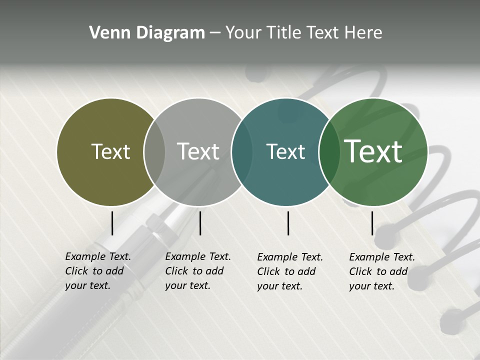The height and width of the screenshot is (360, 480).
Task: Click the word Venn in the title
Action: (106, 33)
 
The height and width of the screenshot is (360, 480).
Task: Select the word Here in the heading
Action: (364, 33)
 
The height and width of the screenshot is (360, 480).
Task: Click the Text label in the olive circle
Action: (110, 151)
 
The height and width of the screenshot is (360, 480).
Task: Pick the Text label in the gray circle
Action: (198, 151)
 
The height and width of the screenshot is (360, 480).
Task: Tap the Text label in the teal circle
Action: (285, 151)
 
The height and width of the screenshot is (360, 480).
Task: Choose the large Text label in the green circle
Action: (373, 151)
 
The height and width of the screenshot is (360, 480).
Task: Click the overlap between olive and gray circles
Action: (154, 151)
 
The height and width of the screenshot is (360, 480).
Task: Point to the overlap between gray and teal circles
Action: (241, 151)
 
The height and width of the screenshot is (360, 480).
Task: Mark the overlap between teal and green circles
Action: (328, 151)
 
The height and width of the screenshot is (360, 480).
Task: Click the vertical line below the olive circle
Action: (112, 223)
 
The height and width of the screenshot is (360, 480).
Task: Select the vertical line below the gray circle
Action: (200, 223)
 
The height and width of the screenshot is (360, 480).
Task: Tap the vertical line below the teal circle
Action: (288, 223)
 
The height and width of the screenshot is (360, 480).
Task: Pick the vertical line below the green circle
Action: (372, 223)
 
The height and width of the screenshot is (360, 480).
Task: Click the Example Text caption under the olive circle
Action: (98, 271)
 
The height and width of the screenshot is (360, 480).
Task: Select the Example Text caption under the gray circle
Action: (198, 271)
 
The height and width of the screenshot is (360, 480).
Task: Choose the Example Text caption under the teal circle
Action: (290, 271)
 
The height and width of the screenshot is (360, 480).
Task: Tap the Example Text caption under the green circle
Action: (382, 271)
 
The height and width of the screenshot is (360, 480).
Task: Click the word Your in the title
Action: (243, 33)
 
